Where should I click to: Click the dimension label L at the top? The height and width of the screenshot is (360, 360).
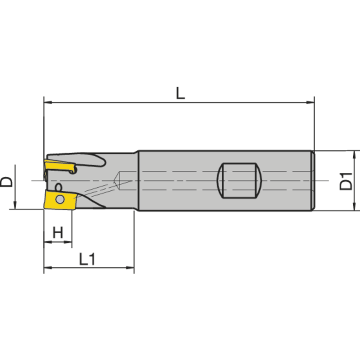180,93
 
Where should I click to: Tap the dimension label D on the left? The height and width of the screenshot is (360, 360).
6,181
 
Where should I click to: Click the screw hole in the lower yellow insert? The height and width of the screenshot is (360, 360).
59,199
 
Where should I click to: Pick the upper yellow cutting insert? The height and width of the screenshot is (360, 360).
58,166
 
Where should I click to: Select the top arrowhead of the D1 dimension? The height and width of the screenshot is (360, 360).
355,154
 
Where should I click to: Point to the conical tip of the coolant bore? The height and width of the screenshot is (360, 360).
118,180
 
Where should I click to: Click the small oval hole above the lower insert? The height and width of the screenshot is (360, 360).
58,187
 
